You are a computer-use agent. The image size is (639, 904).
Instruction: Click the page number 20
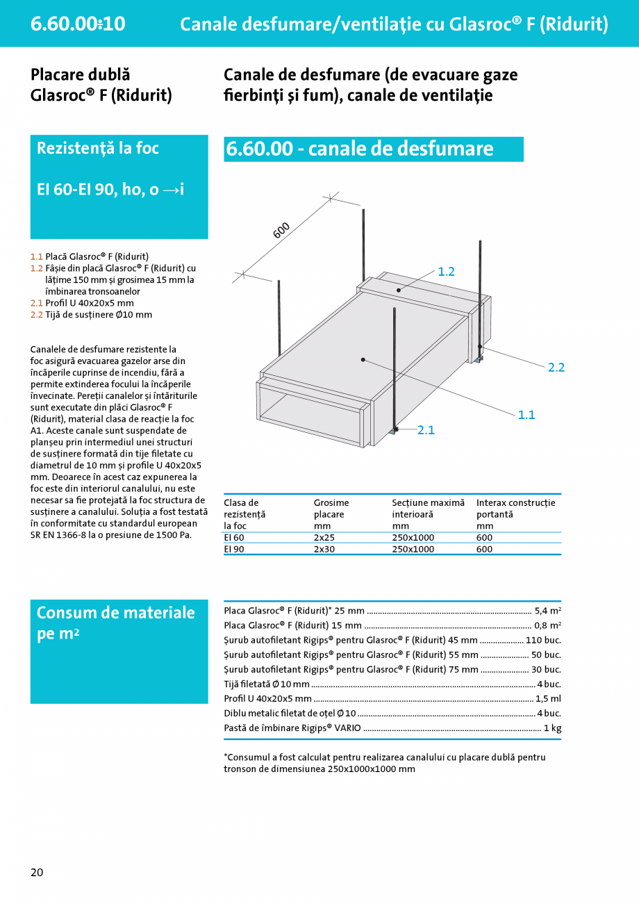(x=37, y=872)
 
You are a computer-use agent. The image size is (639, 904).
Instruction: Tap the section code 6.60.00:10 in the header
(x=78, y=24)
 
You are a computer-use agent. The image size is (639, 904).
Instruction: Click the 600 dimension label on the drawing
(x=281, y=231)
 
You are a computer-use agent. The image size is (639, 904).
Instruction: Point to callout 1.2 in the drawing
(x=446, y=272)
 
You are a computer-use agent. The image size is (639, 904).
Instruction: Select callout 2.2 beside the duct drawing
(x=556, y=368)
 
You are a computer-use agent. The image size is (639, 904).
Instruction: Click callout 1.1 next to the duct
(x=526, y=415)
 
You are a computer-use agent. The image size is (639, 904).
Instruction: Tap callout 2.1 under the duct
(x=426, y=430)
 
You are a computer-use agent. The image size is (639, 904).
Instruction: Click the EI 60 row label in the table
(x=234, y=537)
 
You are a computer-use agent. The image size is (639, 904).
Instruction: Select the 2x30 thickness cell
(x=325, y=549)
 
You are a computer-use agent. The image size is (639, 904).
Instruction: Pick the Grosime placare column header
(x=331, y=509)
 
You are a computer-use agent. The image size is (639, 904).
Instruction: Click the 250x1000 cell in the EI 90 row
(x=413, y=549)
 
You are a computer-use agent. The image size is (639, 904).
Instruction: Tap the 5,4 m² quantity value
(x=547, y=611)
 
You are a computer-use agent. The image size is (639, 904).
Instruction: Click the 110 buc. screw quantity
(x=543, y=640)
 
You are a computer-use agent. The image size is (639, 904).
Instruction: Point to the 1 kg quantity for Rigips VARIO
(x=552, y=728)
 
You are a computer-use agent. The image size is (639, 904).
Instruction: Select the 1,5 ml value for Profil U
(x=548, y=698)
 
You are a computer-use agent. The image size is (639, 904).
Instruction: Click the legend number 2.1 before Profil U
(x=37, y=303)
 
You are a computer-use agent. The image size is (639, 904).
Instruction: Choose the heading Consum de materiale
(x=115, y=613)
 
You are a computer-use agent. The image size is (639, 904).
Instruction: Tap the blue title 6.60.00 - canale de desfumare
(x=360, y=149)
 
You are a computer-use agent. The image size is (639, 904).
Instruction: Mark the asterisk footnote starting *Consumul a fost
(x=384, y=763)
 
